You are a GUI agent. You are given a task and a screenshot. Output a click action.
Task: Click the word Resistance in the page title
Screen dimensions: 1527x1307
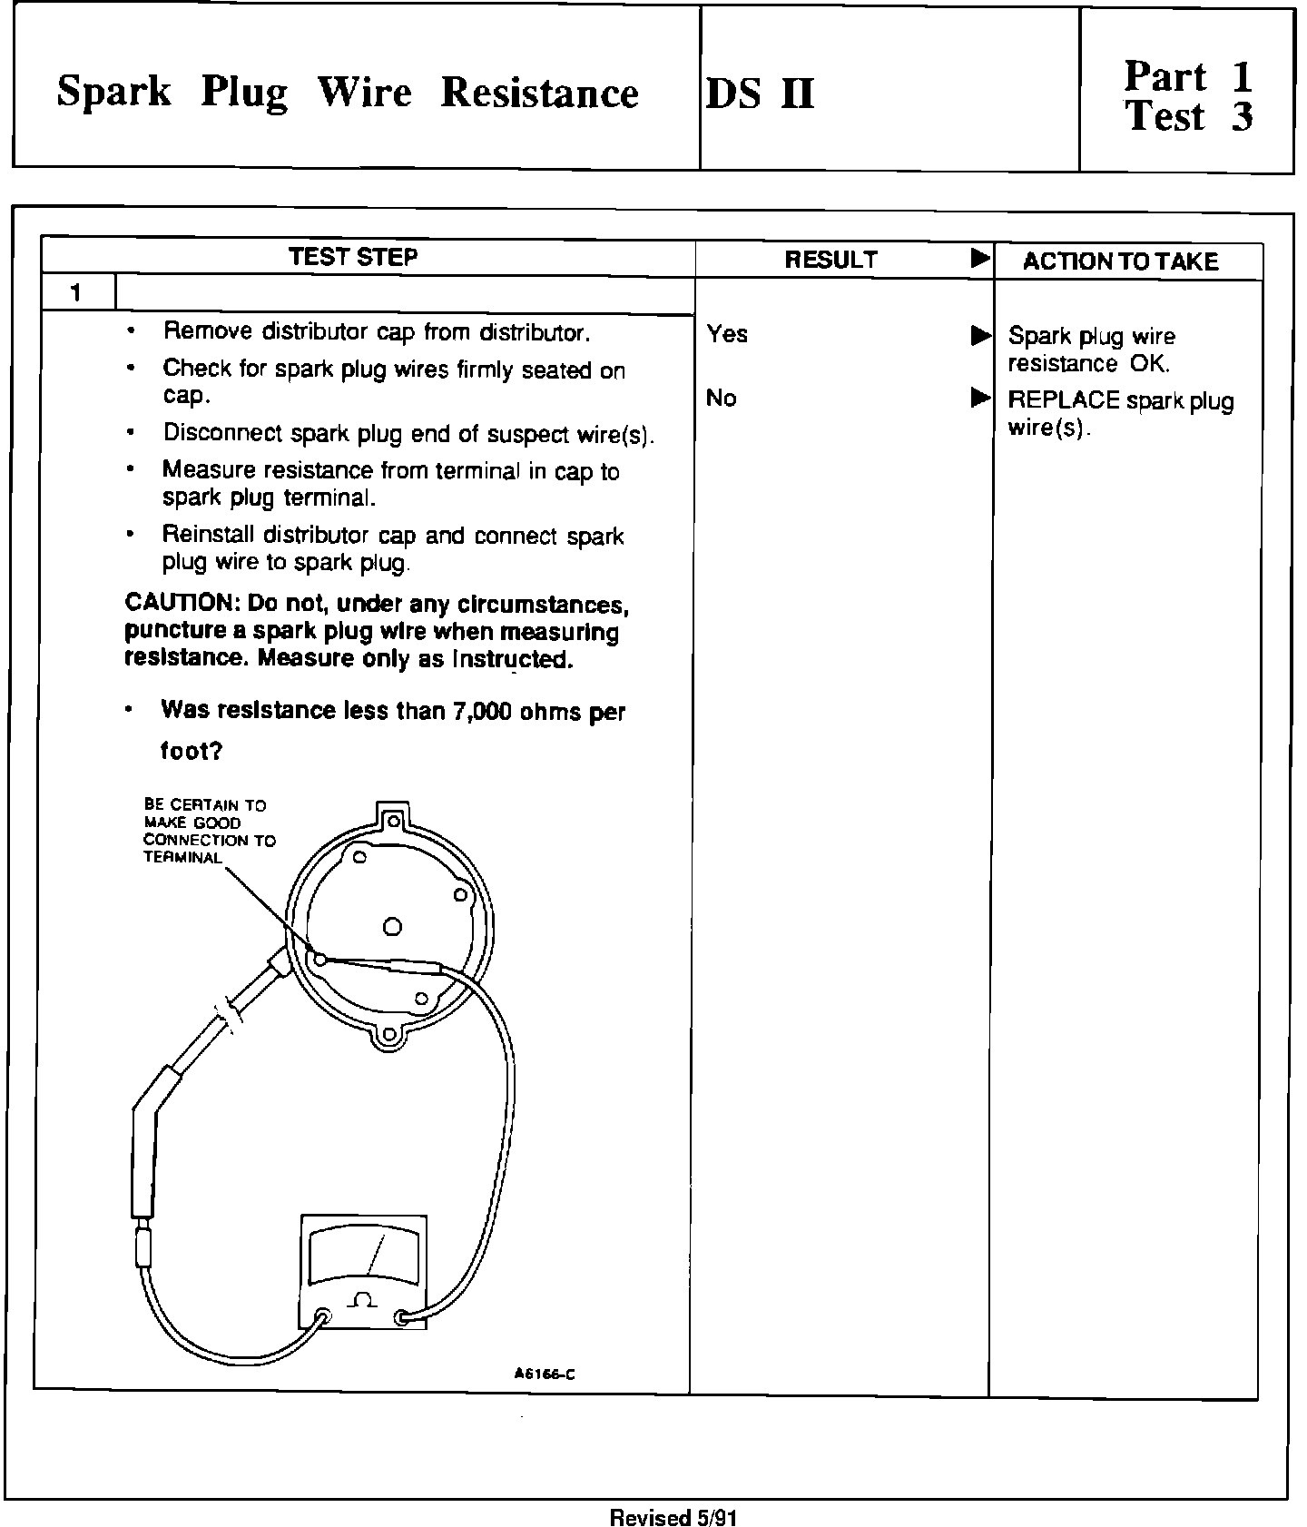point(539,94)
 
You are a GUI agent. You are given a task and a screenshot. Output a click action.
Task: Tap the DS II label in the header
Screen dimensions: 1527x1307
point(760,94)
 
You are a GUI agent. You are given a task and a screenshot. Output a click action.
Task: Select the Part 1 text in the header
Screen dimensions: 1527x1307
point(1188,76)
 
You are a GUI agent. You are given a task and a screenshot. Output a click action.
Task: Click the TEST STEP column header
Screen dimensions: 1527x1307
point(353,257)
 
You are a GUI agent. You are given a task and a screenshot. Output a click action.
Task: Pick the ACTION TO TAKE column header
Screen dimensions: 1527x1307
point(1120,261)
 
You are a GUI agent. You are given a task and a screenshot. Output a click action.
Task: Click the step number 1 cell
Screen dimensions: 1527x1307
point(76,293)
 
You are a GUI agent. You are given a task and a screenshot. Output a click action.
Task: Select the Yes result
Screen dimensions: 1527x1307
point(727,334)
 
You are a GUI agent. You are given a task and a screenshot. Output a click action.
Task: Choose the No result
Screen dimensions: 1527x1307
point(721,398)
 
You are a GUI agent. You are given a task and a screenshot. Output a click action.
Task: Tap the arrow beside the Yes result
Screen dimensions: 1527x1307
point(980,336)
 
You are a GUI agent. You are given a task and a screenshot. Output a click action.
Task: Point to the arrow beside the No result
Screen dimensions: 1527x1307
point(980,398)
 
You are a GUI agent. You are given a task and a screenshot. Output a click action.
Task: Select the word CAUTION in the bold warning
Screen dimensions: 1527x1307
point(178,603)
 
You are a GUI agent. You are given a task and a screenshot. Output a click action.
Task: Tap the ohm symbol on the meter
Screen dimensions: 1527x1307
point(362,1300)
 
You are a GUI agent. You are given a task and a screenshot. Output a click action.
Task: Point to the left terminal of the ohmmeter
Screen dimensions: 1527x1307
point(322,1317)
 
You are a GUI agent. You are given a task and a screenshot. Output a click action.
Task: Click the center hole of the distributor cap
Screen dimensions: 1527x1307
point(392,927)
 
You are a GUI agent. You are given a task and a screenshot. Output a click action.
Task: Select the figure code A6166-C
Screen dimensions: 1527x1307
point(545,1374)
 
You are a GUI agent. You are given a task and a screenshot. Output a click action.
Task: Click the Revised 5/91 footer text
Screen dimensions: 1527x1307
point(673,1517)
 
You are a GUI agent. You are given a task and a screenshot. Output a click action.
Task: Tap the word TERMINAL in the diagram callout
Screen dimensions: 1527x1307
point(182,858)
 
